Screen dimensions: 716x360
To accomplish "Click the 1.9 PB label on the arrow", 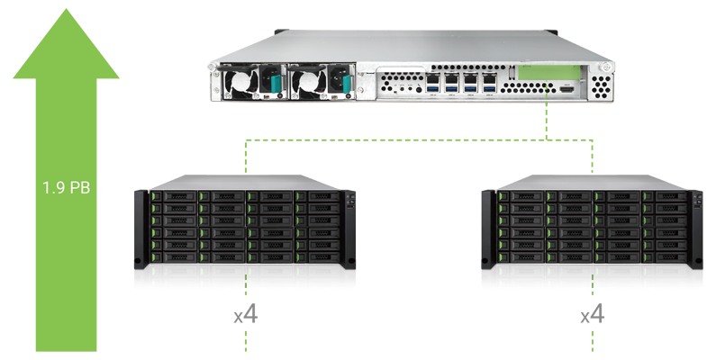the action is click(67, 187).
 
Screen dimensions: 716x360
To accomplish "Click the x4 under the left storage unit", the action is click(246, 315).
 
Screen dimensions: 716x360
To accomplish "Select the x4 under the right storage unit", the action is click(593, 315).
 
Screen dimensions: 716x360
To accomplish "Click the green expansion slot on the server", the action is click(549, 74).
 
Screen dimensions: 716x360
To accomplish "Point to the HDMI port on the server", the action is click(566, 90).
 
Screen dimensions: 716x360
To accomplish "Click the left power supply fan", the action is click(240, 82).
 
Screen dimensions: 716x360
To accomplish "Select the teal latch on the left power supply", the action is click(276, 84).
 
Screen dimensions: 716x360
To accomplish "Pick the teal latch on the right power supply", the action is click(347, 84).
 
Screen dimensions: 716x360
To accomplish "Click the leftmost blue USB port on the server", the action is click(432, 89).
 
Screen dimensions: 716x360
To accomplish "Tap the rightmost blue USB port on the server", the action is click(490, 89).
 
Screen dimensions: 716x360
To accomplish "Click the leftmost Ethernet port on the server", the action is click(432, 78).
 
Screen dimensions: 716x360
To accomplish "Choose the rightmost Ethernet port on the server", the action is click(490, 78).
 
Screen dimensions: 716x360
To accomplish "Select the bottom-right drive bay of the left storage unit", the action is click(318, 257).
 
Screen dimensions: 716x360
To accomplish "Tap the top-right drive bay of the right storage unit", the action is click(666, 196).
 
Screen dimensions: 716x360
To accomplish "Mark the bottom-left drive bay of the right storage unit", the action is click(521, 257).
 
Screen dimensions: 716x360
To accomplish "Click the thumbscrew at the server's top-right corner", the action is click(606, 67).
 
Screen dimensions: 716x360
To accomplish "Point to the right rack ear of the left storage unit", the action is click(349, 229).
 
